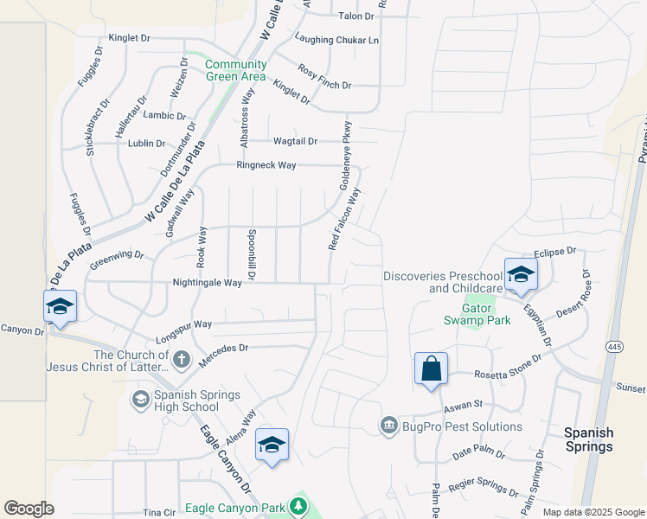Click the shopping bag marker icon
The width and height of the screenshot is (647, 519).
(x=431, y=369)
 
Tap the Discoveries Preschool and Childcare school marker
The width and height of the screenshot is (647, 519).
(x=521, y=276)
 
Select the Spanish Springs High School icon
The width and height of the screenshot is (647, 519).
(x=140, y=399)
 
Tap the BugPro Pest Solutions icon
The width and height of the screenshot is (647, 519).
(x=388, y=426)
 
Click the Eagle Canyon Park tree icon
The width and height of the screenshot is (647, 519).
(x=298, y=505)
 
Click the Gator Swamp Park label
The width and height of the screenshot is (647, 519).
(x=477, y=314)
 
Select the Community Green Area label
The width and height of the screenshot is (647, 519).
(x=235, y=70)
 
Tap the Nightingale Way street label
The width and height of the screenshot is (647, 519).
(x=208, y=283)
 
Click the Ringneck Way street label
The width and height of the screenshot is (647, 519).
(x=267, y=165)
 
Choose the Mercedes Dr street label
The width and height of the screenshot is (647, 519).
(x=225, y=348)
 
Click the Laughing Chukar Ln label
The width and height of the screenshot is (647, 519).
(x=336, y=39)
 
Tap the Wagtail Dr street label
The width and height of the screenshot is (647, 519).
(x=295, y=141)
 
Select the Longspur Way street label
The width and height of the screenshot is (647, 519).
(x=183, y=324)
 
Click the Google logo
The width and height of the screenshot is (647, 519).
(x=29, y=509)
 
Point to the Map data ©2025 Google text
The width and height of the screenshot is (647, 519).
(x=593, y=512)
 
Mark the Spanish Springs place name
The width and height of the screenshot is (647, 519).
(x=588, y=439)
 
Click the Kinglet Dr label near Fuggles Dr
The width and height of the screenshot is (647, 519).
(x=130, y=39)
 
